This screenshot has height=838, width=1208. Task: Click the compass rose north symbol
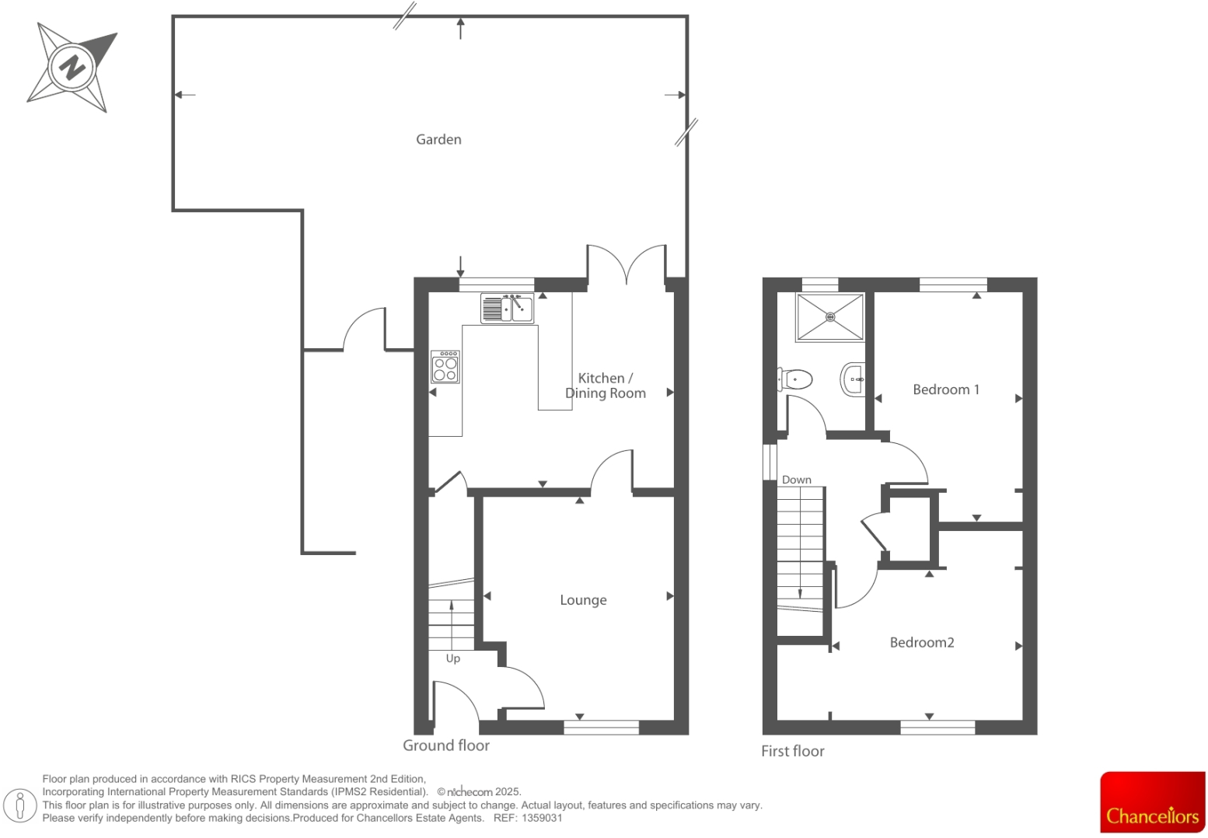[72, 67]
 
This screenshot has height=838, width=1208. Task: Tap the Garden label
[438, 139]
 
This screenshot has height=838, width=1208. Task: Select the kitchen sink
[507, 309]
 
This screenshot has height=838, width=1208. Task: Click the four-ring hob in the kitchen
[445, 367]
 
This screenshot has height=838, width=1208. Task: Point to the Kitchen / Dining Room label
[605, 386]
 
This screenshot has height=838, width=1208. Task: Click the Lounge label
[583, 600]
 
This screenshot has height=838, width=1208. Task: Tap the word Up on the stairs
[453, 658]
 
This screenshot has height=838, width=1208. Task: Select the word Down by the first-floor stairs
[796, 480]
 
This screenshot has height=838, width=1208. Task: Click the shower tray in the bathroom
[829, 316]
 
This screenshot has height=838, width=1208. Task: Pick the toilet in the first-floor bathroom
[794, 380]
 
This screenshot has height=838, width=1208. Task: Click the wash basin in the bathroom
[853, 380]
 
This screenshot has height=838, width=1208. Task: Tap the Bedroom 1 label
[945, 389]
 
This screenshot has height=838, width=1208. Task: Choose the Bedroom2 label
[921, 642]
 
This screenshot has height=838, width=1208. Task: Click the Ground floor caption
[445, 745]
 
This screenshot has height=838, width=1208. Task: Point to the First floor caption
[792, 751]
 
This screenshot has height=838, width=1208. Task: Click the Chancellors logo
[1152, 802]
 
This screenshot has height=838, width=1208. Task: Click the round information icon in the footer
[20, 805]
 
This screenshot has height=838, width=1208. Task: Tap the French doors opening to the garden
[627, 264]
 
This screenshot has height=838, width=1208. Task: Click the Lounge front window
[601, 727]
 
